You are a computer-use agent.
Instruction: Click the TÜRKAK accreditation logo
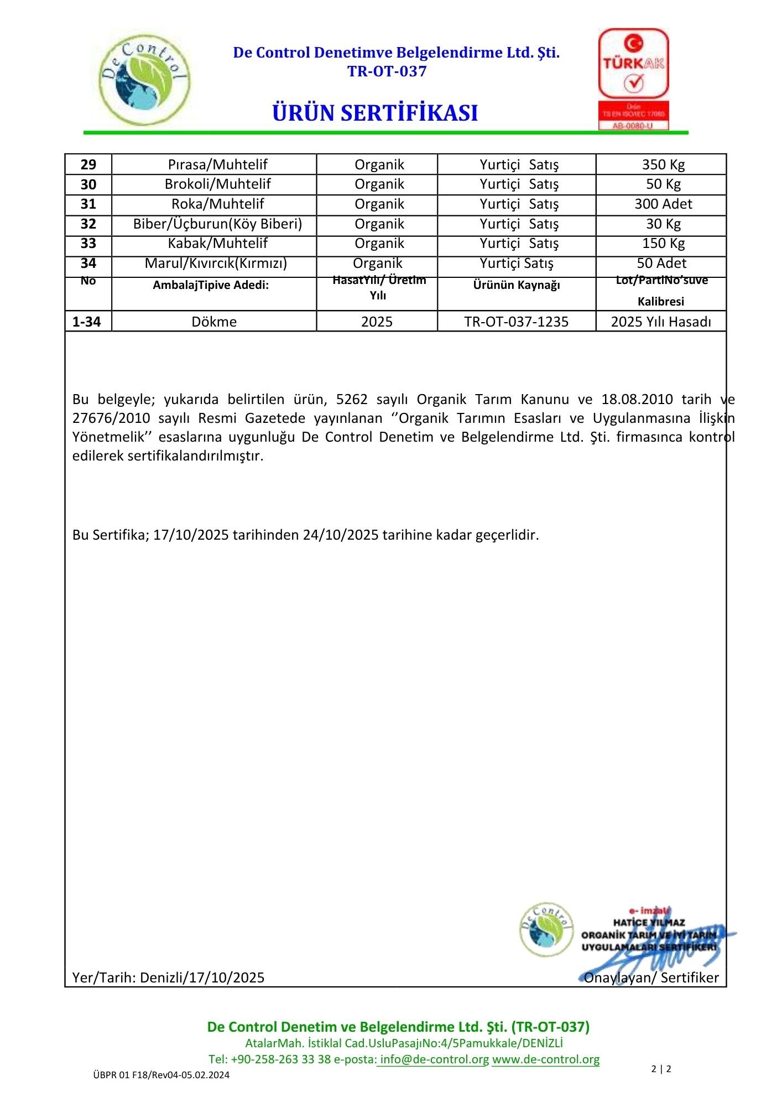click(x=633, y=79)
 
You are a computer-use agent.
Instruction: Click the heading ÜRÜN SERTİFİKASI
click(x=375, y=113)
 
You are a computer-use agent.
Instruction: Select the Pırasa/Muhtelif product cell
click(x=217, y=164)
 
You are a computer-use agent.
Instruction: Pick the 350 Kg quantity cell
click(x=663, y=164)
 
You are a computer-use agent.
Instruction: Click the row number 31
click(x=88, y=204)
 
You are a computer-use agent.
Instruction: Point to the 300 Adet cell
click(x=663, y=204)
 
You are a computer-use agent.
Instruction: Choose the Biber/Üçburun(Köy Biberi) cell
click(x=217, y=224)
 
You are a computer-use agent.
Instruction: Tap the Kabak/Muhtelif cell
click(x=217, y=244)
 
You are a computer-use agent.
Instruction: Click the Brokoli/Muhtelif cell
click(x=217, y=184)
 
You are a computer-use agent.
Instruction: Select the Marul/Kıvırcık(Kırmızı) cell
click(x=216, y=263)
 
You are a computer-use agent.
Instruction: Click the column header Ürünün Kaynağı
click(x=517, y=285)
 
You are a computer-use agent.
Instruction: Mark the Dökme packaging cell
click(x=214, y=322)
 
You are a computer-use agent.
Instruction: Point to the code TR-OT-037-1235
click(x=517, y=322)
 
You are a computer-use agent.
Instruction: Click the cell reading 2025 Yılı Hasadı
click(x=661, y=322)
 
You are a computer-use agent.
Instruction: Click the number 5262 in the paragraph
click(x=352, y=399)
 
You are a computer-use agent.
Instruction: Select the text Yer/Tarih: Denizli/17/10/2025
click(x=168, y=977)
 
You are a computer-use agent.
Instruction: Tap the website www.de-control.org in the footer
click(x=545, y=1059)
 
